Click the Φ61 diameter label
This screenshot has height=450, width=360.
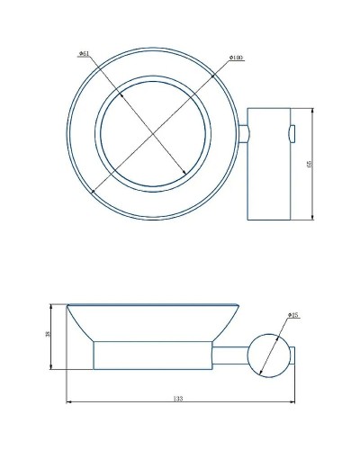tap(84, 54)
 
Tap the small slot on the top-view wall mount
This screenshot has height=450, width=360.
tap(291, 135)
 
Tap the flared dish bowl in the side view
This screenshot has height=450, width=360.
tap(154, 322)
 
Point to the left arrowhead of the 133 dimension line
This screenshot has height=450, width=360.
tap(68, 401)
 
